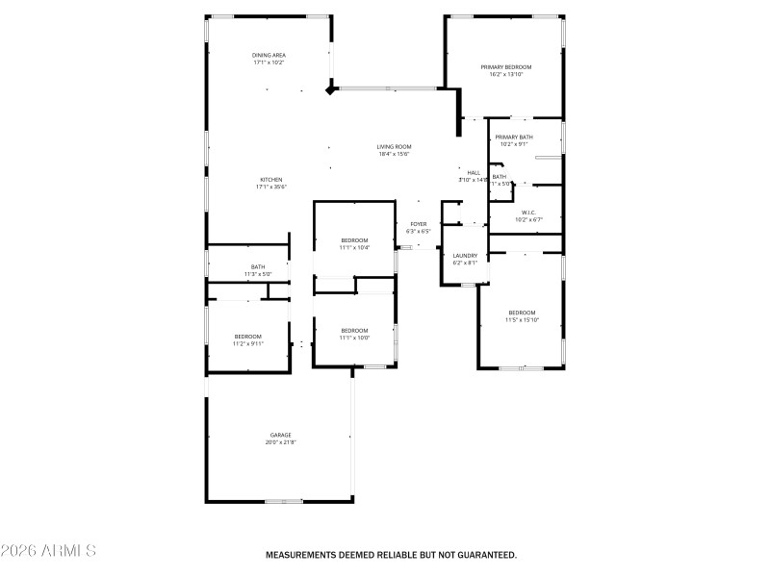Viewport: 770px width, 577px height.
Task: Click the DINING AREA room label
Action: click(x=269, y=55)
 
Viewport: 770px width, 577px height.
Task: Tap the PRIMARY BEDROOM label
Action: click(x=506, y=66)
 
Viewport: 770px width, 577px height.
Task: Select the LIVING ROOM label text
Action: click(x=394, y=146)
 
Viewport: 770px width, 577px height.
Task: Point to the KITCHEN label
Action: click(x=270, y=180)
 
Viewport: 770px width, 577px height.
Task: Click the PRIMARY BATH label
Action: click(x=514, y=138)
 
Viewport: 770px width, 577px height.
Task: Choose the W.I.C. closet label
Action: click(x=528, y=213)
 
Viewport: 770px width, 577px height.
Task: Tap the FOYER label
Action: click(x=419, y=224)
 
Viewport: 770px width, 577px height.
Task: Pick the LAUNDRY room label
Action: click(x=465, y=256)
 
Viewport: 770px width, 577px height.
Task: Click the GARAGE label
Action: click(x=280, y=435)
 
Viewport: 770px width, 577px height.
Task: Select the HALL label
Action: click(x=474, y=172)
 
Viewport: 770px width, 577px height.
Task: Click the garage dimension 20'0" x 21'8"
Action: click(x=280, y=442)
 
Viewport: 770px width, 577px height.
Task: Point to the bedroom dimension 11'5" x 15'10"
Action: click(x=522, y=319)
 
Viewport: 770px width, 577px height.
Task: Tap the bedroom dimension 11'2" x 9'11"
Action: click(x=247, y=343)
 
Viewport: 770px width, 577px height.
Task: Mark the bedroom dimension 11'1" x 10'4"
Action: click(x=354, y=247)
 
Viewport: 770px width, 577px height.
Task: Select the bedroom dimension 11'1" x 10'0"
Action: click(x=354, y=338)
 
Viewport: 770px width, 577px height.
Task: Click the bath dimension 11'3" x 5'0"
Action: click(x=258, y=274)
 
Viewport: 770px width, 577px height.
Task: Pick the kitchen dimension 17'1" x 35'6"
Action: click(x=270, y=188)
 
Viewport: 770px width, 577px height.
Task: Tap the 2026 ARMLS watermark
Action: click(x=48, y=551)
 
